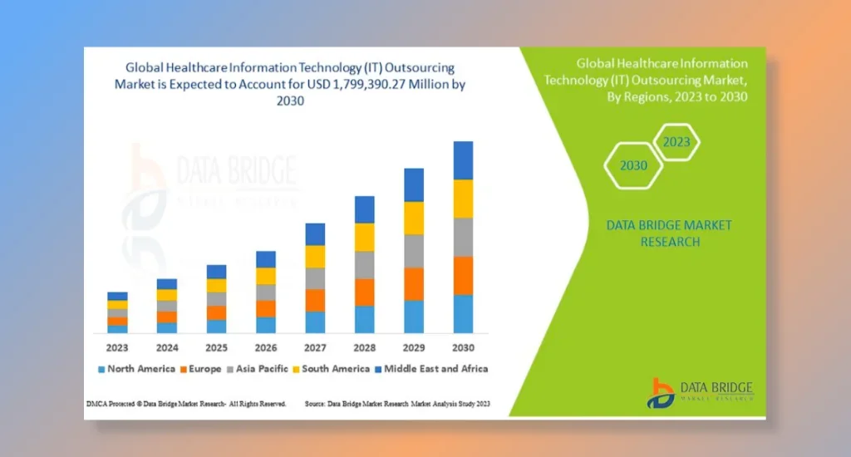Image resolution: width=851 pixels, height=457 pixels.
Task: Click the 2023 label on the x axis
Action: (118, 346)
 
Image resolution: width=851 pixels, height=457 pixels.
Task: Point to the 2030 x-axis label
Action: (463, 346)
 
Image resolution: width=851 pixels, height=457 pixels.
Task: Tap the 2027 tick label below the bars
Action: (315, 346)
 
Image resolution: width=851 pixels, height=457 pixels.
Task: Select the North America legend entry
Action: (137, 368)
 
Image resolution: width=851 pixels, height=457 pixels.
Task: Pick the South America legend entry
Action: (334, 368)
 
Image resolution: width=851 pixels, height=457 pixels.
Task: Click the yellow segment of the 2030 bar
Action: (463, 199)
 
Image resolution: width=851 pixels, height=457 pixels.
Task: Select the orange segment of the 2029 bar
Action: (414, 283)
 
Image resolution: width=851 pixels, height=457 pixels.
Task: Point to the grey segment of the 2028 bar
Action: (364, 265)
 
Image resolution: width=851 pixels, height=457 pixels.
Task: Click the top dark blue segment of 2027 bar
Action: (315, 234)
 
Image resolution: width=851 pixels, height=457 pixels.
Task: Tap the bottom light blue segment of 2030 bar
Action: (463, 314)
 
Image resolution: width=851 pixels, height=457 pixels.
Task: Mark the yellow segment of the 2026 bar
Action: (266, 276)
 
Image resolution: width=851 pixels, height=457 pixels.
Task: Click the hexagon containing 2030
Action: (633, 165)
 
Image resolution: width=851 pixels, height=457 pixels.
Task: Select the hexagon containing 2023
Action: (676, 142)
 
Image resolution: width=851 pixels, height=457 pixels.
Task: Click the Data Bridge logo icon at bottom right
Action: (662, 393)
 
